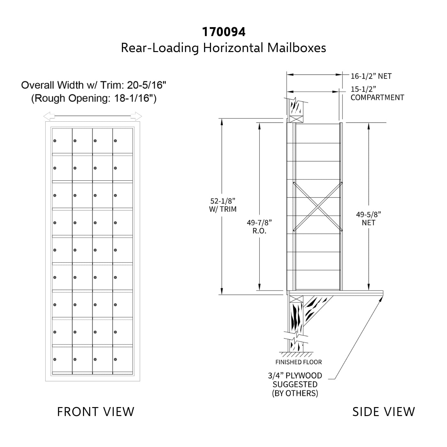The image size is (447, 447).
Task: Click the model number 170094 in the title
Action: [x=223, y=32]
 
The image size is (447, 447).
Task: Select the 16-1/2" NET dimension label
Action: [x=371, y=76]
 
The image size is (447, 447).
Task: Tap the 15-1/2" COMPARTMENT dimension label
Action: [x=377, y=93]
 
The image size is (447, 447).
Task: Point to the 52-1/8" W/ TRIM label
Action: [x=223, y=205]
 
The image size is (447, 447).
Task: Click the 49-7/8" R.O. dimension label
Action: [x=259, y=227]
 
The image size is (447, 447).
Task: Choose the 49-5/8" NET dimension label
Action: [x=368, y=218]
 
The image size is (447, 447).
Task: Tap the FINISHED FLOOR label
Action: [x=299, y=362]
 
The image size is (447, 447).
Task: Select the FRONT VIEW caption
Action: [x=95, y=412]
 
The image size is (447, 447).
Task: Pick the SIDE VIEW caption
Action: [x=384, y=412]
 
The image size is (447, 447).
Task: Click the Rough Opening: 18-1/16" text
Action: [x=94, y=98]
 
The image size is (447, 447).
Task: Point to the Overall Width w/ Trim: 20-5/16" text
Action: [x=94, y=85]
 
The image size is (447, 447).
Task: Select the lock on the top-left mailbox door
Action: [x=55, y=141]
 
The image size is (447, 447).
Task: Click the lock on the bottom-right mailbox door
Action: [x=115, y=360]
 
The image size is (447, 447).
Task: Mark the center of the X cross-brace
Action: [x=318, y=207]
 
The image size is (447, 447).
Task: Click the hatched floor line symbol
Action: [x=296, y=354]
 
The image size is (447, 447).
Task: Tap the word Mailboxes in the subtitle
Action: [x=297, y=48]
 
